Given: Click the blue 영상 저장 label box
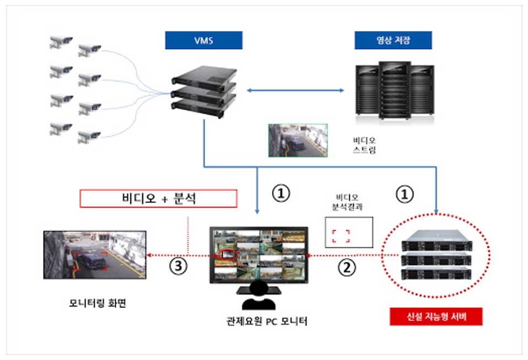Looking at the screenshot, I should [x=393, y=40].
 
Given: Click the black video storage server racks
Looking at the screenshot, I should [x=393, y=90].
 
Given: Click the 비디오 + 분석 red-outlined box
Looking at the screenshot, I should [x=159, y=199].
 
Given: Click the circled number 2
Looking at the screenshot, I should [x=347, y=267].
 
